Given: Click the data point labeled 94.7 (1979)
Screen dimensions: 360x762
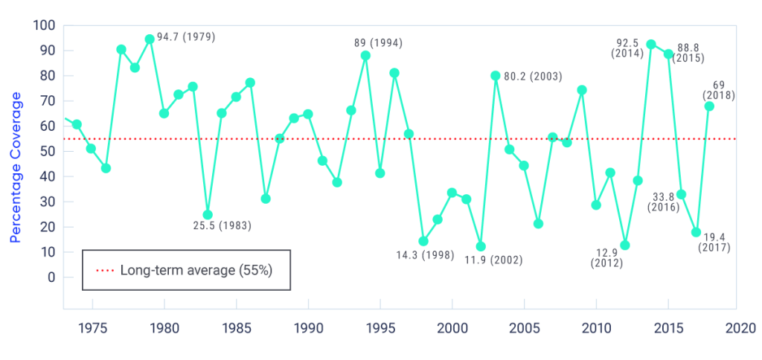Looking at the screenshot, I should [x=150, y=39].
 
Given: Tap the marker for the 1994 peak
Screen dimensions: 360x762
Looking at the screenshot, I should [x=365, y=55].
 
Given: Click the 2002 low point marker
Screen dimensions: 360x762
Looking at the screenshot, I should [x=481, y=246].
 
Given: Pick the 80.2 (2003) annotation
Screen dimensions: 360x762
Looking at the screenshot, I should [x=533, y=77].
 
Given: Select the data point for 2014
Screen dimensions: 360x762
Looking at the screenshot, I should [x=651, y=44].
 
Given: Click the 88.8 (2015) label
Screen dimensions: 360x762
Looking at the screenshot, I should [x=688, y=52].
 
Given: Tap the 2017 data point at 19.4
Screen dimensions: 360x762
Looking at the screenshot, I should [x=696, y=232].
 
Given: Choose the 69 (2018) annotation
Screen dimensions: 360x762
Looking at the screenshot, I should [x=718, y=89].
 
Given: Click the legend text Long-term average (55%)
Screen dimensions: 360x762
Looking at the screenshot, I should [x=196, y=270].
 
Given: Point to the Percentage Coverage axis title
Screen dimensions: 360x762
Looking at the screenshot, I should [x=16, y=167].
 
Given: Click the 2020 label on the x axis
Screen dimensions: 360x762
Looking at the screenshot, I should [x=740, y=327].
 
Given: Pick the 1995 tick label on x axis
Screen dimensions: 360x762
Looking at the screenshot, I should [x=380, y=327].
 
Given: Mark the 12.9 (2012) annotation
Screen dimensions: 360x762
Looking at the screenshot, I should [x=607, y=257].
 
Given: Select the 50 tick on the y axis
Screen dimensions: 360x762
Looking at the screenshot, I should [x=48, y=151].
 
